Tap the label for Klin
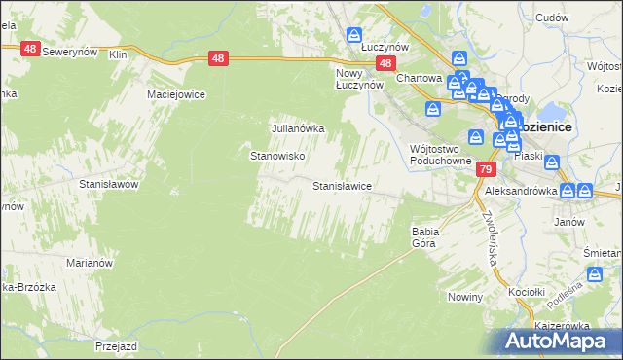[x=119, y=55]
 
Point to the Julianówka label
[x=296, y=127]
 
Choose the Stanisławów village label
[x=110, y=183]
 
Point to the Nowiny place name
[x=465, y=296]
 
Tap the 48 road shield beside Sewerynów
[x=29, y=48]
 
